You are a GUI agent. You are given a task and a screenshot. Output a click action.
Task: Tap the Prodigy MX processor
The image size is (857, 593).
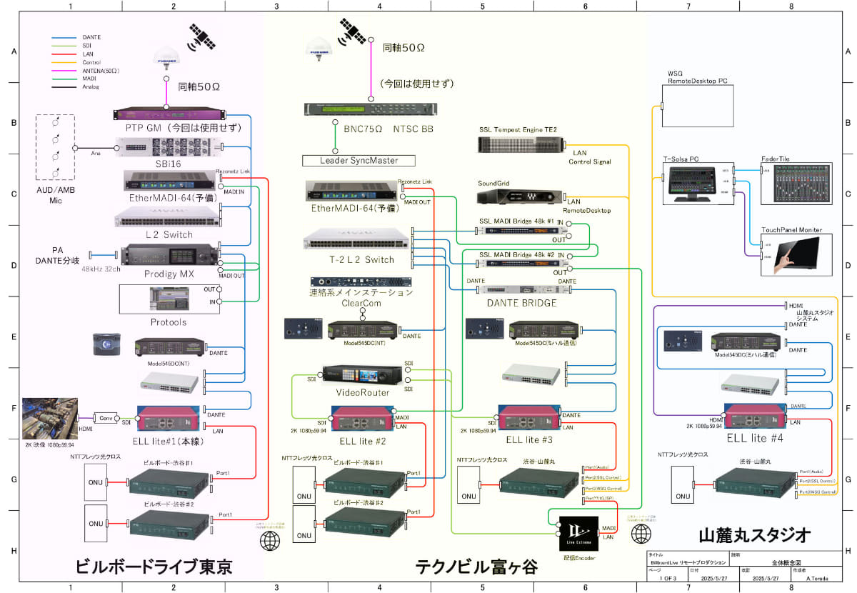[169, 257]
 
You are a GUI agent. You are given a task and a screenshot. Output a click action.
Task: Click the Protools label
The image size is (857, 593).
[169, 322]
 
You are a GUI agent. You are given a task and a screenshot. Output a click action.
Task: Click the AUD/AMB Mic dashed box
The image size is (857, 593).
[54, 146]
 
